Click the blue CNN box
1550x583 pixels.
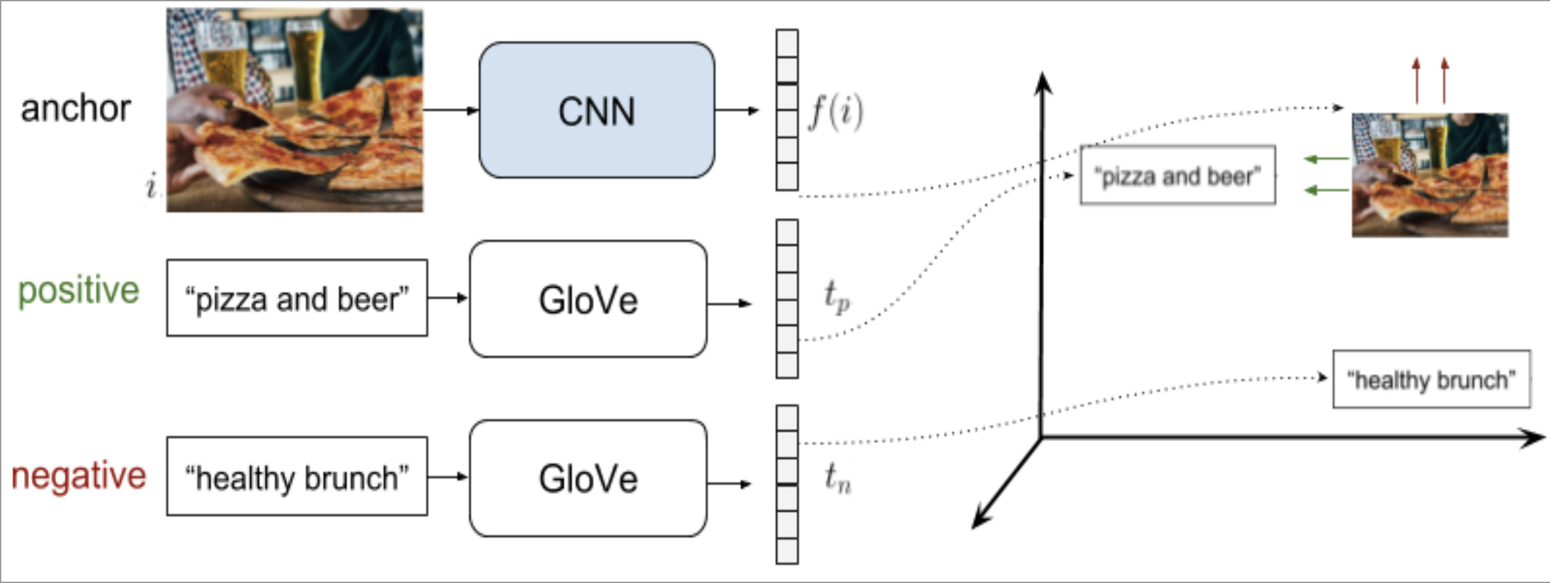(x=596, y=110)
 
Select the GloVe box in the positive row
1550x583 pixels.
(x=588, y=299)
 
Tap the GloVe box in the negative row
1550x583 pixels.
(x=588, y=478)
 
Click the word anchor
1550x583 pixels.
(x=75, y=108)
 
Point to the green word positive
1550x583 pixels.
(x=78, y=291)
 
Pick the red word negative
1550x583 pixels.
(x=79, y=476)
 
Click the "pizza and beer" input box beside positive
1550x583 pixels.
(x=297, y=298)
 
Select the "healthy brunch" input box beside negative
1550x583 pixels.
(x=297, y=477)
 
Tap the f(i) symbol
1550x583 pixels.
(x=836, y=112)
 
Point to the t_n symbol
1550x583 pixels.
(x=838, y=478)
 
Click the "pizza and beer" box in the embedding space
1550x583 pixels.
(x=1178, y=175)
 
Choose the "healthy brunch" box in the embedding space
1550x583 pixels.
(x=1431, y=379)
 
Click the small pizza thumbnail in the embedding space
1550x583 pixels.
(x=1430, y=175)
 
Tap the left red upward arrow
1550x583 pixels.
(x=1416, y=81)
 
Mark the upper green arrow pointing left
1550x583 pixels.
(x=1326, y=159)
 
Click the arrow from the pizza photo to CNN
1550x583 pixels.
(x=450, y=110)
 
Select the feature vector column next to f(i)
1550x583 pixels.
(x=787, y=110)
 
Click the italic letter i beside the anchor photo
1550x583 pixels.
(x=151, y=186)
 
